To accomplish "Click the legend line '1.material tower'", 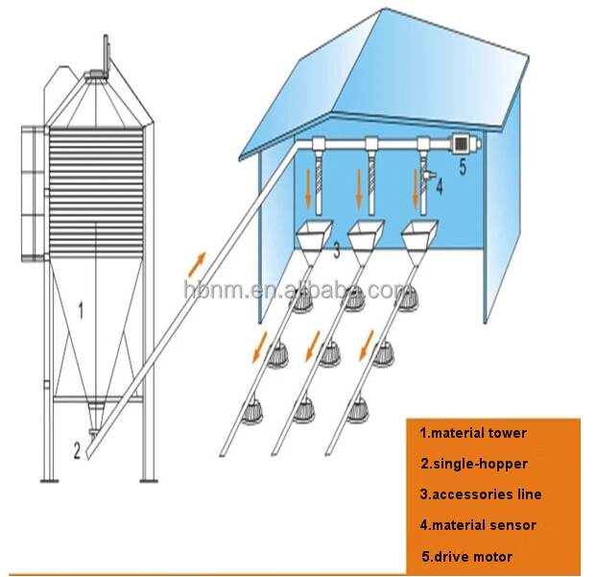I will (473, 433).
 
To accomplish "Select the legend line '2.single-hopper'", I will (474, 464).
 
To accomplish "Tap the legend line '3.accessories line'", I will (481, 494).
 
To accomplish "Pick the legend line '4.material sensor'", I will (478, 525).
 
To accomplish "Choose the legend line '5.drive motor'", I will (466, 556).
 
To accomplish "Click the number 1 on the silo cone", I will (81, 310).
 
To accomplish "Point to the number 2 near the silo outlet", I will (76, 447).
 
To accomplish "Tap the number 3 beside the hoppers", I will (336, 252).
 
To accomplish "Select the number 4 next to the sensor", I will (439, 187).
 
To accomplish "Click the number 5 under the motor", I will (461, 166).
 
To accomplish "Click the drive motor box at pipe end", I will (460, 143).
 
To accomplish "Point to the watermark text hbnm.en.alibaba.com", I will (298, 289).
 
